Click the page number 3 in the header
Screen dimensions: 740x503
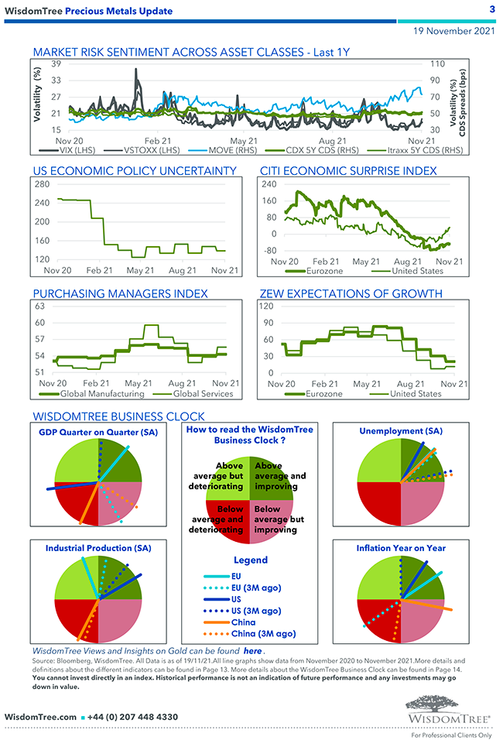pos(492,9)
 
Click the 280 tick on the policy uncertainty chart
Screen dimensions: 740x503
pos(42,184)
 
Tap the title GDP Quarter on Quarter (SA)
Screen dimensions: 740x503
pos(98,431)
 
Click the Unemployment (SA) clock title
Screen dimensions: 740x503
pos(401,430)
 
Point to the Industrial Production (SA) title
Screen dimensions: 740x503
pos(98,547)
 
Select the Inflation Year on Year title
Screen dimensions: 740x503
pos(401,548)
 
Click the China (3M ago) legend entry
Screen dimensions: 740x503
pos(263,634)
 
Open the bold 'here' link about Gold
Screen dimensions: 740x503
pos(252,651)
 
